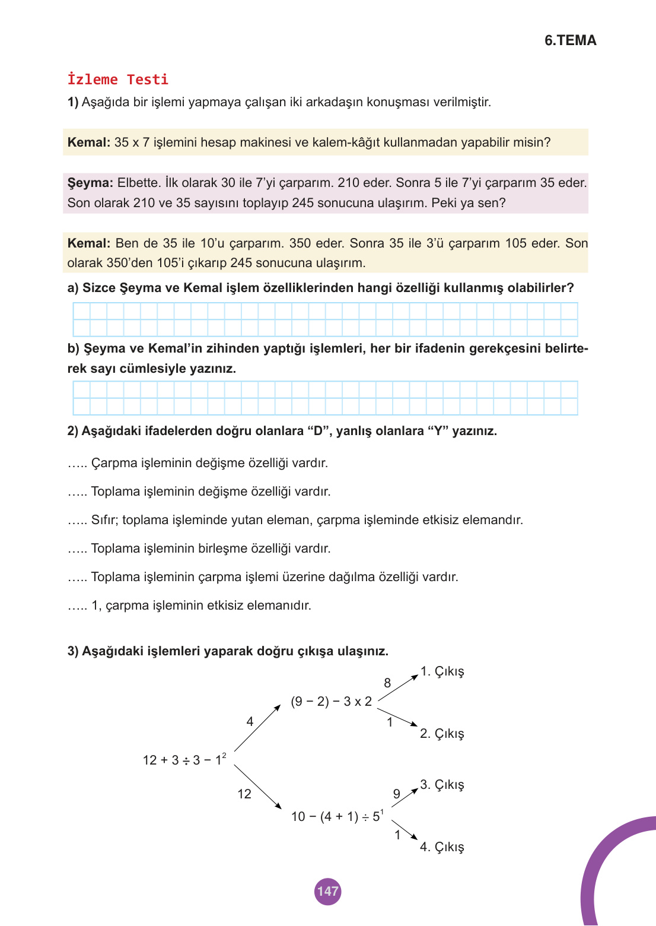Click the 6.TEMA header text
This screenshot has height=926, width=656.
[x=570, y=40]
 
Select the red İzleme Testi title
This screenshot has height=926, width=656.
[x=118, y=80]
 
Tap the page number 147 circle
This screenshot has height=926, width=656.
[x=327, y=891]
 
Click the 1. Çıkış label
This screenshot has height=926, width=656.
[x=442, y=671]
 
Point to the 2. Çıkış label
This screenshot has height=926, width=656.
[x=442, y=734]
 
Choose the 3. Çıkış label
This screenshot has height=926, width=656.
[x=442, y=785]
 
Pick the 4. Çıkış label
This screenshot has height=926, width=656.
[x=442, y=847]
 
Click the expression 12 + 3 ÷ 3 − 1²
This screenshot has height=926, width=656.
[x=184, y=760]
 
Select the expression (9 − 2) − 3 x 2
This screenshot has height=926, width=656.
[x=331, y=702]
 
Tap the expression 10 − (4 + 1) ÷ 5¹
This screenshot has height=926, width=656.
[x=337, y=816]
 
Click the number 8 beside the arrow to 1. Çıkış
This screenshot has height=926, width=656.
[x=387, y=683]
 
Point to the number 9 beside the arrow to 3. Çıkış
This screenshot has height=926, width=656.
[x=397, y=794]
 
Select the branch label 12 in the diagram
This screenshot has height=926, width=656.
[x=244, y=794]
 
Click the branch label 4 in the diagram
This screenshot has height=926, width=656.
[x=250, y=722]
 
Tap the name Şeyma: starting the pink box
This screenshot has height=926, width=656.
[x=90, y=183]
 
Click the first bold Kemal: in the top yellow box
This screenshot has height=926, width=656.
[x=89, y=142]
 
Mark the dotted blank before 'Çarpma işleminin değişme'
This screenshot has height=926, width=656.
[x=77, y=464]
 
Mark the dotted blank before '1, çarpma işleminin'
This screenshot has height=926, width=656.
[x=77, y=606]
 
